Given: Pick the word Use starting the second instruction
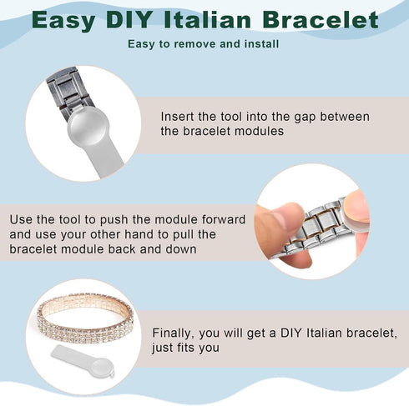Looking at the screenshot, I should (21, 219).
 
